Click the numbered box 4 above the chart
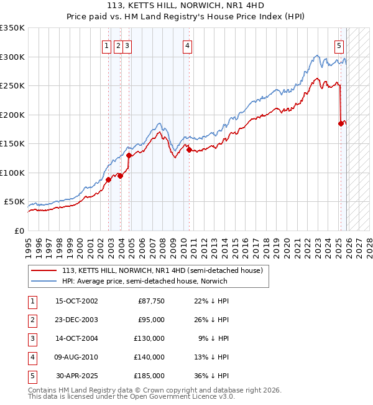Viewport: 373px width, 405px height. (187, 45)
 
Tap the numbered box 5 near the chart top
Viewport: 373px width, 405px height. (339, 45)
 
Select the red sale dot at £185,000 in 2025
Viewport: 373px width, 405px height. (341, 123)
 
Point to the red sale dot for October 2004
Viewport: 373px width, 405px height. (129, 155)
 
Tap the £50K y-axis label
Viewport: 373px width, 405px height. (14, 202)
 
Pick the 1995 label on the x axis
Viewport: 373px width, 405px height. (28, 246)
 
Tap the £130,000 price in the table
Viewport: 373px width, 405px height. (150, 338)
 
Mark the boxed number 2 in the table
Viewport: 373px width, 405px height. (31, 320)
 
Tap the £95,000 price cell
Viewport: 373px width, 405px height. (152, 320)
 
